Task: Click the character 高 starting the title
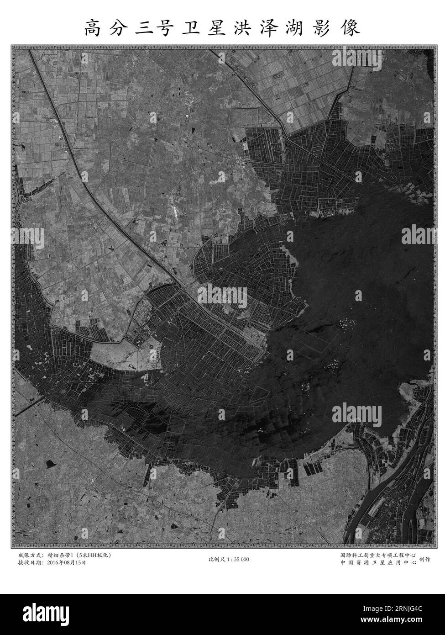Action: tap(93, 28)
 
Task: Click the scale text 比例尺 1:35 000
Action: tap(228, 559)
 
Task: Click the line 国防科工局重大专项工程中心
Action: tap(378, 555)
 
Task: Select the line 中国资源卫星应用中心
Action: tap(378, 563)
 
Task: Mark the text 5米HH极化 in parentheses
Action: tap(94, 555)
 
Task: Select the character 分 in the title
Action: tap(119, 28)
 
